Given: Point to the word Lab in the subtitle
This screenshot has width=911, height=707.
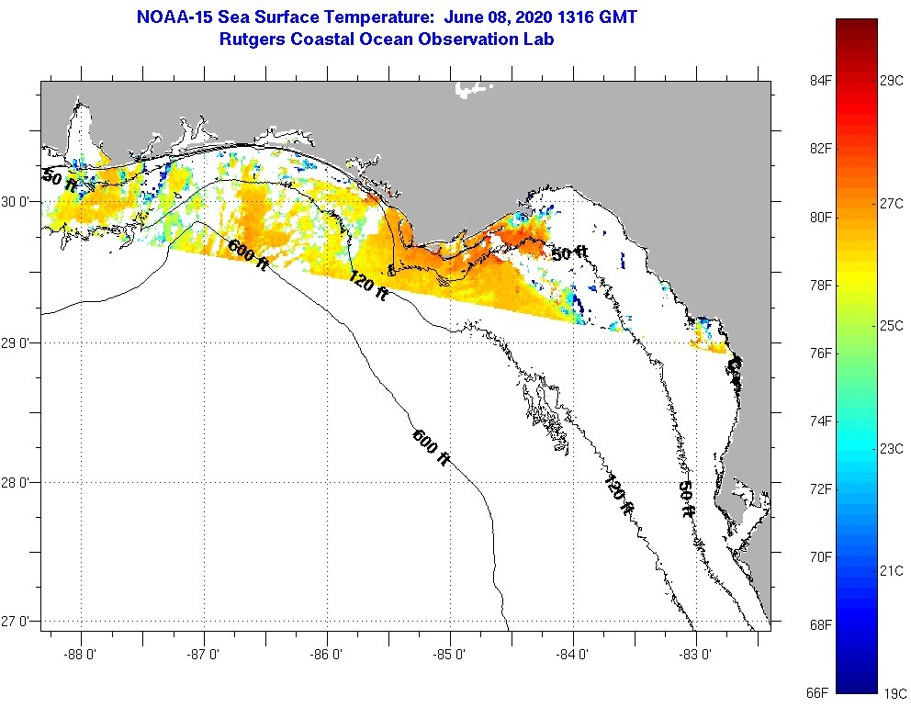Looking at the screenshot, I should coord(539,39).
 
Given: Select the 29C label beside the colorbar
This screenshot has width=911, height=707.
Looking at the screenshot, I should coord(892,81).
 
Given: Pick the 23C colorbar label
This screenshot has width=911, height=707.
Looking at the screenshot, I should coord(892,448).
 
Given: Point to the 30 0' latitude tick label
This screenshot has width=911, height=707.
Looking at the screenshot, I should coord(19,201).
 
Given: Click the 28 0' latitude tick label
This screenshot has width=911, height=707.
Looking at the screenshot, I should coord(19,482).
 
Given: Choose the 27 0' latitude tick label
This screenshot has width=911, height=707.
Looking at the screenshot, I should coord(19,622).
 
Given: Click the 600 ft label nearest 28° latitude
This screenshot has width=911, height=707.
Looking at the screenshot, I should coord(431,447).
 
